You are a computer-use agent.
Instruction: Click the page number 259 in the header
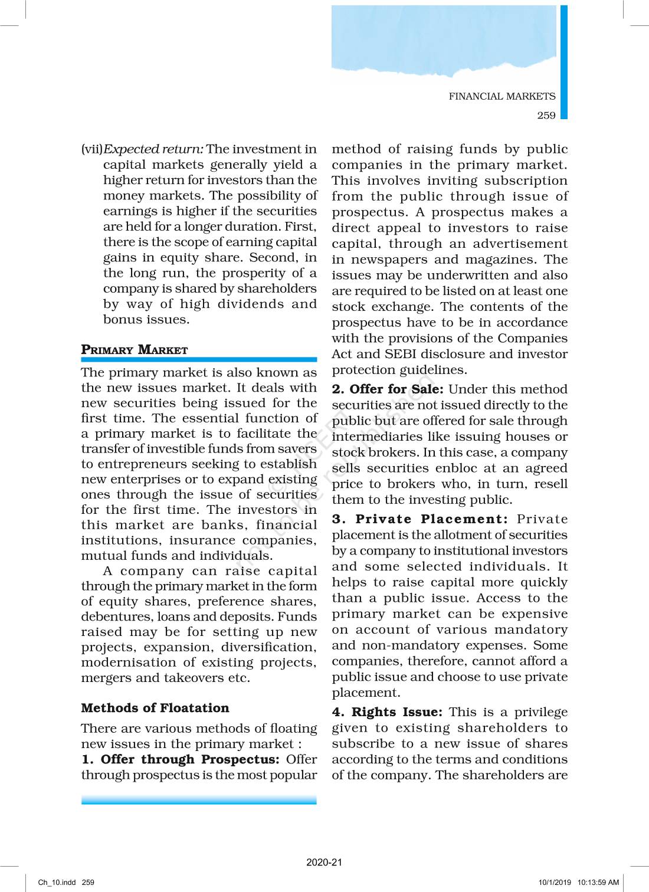546,116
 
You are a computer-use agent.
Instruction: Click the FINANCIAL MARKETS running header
501,96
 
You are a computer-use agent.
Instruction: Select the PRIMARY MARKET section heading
135,350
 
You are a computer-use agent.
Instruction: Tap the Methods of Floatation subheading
155,708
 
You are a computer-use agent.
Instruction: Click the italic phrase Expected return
153,149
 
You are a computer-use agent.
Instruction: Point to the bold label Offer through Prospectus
189,759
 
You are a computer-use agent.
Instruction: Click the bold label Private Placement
431,519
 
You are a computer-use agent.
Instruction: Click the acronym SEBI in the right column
401,354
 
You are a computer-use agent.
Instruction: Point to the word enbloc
457,468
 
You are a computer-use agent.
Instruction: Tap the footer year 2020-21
324,862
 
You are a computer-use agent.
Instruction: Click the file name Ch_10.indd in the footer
57,883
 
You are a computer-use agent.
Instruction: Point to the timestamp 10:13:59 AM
598,883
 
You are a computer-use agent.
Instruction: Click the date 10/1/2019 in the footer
555,883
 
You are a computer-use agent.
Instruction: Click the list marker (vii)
92,149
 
